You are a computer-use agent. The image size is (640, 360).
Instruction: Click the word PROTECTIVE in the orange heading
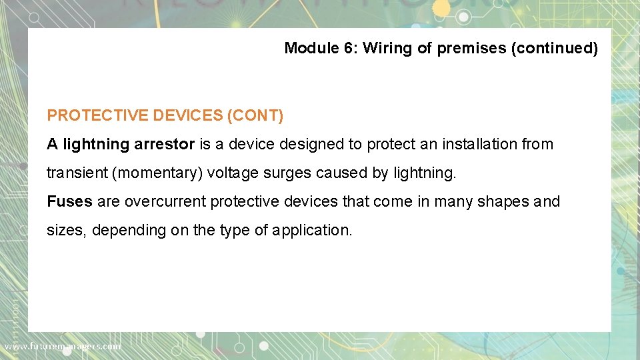(97, 115)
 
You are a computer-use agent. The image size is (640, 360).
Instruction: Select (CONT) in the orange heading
(255, 115)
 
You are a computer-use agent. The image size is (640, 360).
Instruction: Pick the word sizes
(65, 231)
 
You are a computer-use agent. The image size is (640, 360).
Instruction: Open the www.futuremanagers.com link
(63, 347)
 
